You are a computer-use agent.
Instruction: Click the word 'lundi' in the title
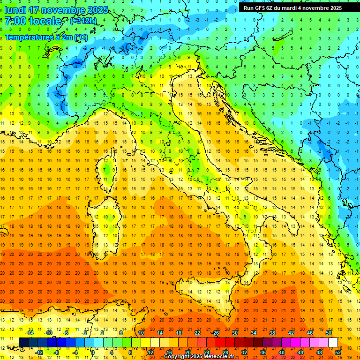[x=15, y=10]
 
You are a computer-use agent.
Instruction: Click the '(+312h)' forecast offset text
[x=83, y=21]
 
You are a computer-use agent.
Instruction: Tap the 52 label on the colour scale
[x=338, y=352]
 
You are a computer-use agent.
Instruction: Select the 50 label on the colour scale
[x=329, y=333]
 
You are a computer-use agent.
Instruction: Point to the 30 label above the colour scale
[x=235, y=333]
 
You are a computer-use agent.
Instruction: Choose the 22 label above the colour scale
[x=197, y=333]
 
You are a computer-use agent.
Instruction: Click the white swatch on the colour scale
[x=333, y=342]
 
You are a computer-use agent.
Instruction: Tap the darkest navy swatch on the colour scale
[x=24, y=342]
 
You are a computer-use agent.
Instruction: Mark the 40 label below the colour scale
[x=282, y=352]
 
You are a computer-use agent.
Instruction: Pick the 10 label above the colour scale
[x=141, y=333]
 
